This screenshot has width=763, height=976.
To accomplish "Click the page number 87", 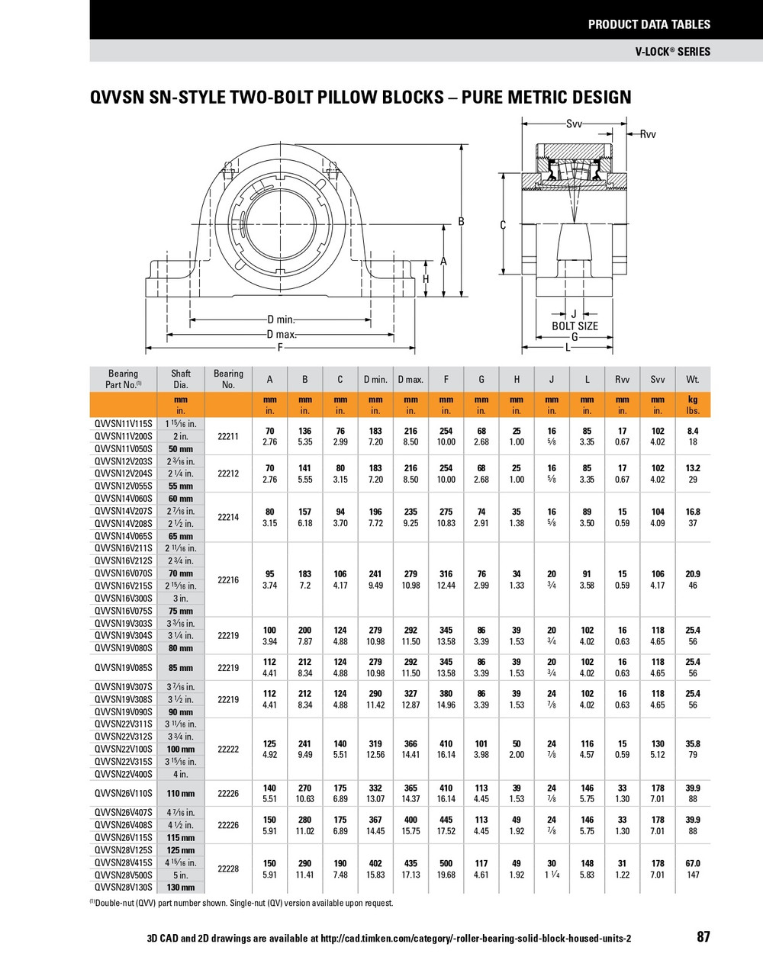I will click(703, 937).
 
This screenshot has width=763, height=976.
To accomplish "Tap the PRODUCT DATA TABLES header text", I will click(649, 24).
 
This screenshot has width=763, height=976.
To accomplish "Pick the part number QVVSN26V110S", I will click(123, 794).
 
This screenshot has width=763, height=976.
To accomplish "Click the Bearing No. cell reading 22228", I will click(228, 868).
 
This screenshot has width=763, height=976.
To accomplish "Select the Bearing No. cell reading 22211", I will click(228, 436).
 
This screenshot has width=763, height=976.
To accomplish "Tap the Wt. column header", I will click(692, 380).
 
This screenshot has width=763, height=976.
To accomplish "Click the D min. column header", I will click(375, 380).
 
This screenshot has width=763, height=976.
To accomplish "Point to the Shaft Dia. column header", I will click(181, 379).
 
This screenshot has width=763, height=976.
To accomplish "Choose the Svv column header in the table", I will click(657, 380).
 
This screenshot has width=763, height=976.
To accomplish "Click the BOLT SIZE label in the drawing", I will click(575, 326).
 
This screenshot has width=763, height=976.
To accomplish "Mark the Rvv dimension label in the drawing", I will click(647, 134).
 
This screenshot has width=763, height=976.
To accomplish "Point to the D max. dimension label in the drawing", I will click(282, 335).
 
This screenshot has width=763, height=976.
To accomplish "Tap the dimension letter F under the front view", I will click(280, 348).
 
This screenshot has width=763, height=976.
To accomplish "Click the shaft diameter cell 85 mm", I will click(181, 668).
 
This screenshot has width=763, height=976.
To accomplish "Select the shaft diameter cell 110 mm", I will click(181, 794).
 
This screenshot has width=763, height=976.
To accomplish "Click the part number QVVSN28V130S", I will click(123, 888).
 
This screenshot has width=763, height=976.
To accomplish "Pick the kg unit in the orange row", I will click(692, 400).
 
